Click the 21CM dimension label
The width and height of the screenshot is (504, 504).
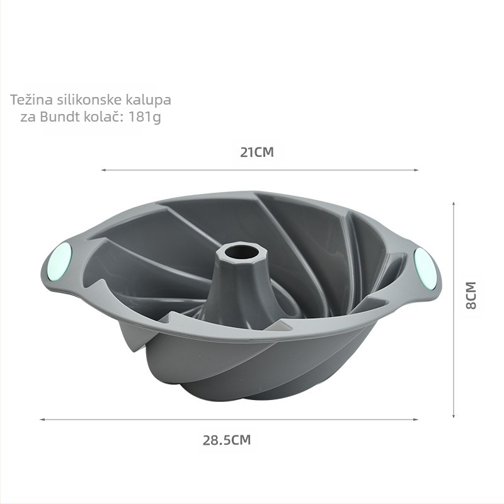(257, 152)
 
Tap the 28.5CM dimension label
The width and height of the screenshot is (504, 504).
(227, 440)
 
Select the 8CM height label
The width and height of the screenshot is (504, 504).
(471, 295)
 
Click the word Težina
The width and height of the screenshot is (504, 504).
(31, 100)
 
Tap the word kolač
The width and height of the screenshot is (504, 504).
(104, 117)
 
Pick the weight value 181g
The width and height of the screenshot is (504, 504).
(145, 117)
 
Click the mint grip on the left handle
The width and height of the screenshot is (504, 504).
(61, 261)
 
